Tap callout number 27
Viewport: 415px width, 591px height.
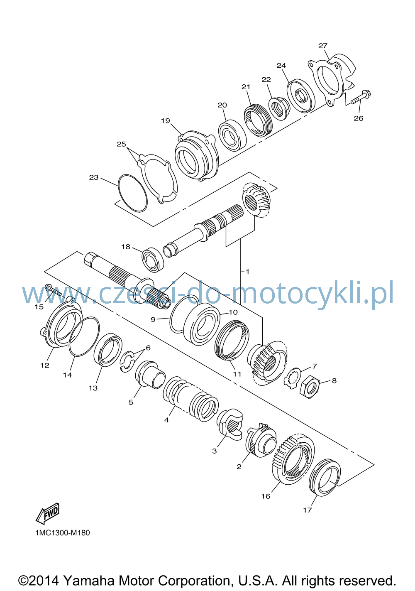click(323, 46)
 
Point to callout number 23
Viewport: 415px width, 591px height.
click(94, 177)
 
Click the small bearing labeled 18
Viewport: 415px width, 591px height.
click(153, 260)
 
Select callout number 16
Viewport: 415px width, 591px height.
click(266, 496)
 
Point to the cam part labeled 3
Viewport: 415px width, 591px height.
click(229, 424)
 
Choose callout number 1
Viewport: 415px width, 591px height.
click(247, 271)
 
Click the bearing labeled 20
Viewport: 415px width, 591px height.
click(232, 135)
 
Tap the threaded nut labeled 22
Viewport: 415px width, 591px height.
click(279, 109)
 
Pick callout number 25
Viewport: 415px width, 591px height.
click(122, 144)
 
